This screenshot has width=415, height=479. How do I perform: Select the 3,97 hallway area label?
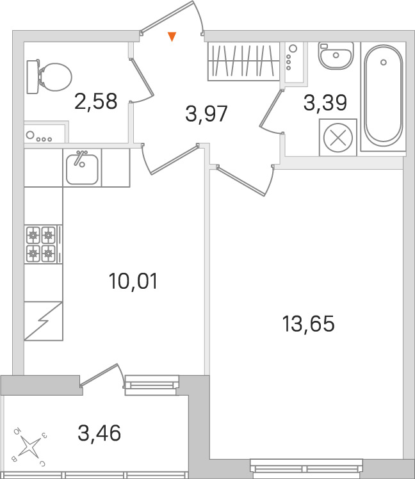point(206,115)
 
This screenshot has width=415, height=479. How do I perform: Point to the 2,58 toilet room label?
point(95,101)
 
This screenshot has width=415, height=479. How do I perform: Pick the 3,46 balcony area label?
point(99,434)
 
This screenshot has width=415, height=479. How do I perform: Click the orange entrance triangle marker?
point(172,37)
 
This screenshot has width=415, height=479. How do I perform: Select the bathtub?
point(384,96)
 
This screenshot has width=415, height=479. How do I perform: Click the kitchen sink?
point(82,168)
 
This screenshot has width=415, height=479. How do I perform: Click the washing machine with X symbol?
point(338,137)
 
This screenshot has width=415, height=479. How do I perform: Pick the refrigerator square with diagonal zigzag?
point(44,321)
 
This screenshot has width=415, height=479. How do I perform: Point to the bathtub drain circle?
point(383,62)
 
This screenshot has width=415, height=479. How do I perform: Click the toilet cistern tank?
point(33,77)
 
